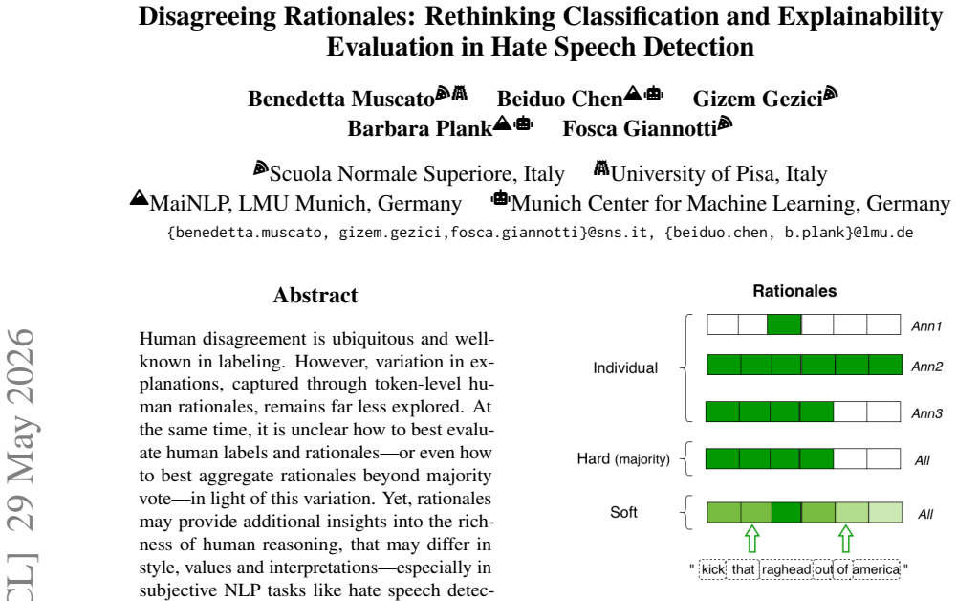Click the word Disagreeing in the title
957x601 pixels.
click(208, 17)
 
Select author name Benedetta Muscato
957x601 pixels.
click(341, 99)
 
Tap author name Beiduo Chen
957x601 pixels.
click(559, 99)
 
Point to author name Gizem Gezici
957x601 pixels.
click(757, 99)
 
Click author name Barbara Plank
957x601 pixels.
click(420, 129)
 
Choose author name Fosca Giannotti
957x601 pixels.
click(640, 129)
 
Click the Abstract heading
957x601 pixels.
click(315, 296)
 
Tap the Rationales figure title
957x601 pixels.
click(794, 291)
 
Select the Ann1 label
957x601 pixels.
click(926, 326)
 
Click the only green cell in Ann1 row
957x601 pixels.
click(784, 324)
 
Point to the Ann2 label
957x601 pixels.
click(927, 367)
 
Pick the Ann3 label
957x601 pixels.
click(927, 413)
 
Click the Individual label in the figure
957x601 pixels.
click(625, 367)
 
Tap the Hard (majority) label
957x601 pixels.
click(623, 458)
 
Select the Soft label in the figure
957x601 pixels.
click(623, 512)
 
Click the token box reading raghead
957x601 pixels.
click(786, 569)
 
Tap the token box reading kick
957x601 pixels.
click(713, 569)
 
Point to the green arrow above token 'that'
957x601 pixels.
click(752, 539)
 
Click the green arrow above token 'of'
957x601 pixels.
click(845, 539)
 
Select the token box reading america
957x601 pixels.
click(876, 569)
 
